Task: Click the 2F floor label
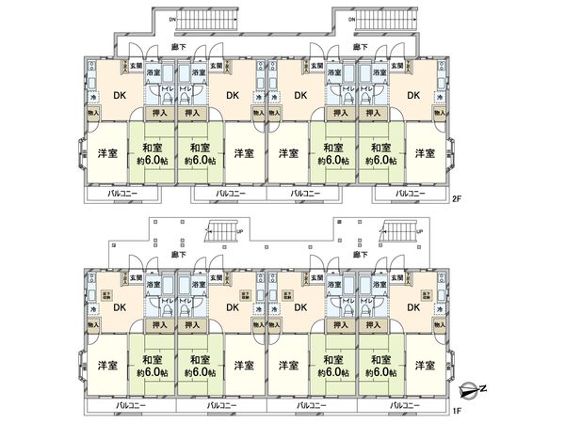(x=457, y=198)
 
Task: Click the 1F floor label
(x=457, y=411)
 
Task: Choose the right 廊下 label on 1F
(x=361, y=254)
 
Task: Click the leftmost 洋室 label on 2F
(x=105, y=153)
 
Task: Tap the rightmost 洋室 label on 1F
(x=426, y=365)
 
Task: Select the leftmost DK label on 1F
(x=121, y=306)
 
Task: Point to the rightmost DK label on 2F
(x=412, y=95)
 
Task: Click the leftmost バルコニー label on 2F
(x=122, y=194)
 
